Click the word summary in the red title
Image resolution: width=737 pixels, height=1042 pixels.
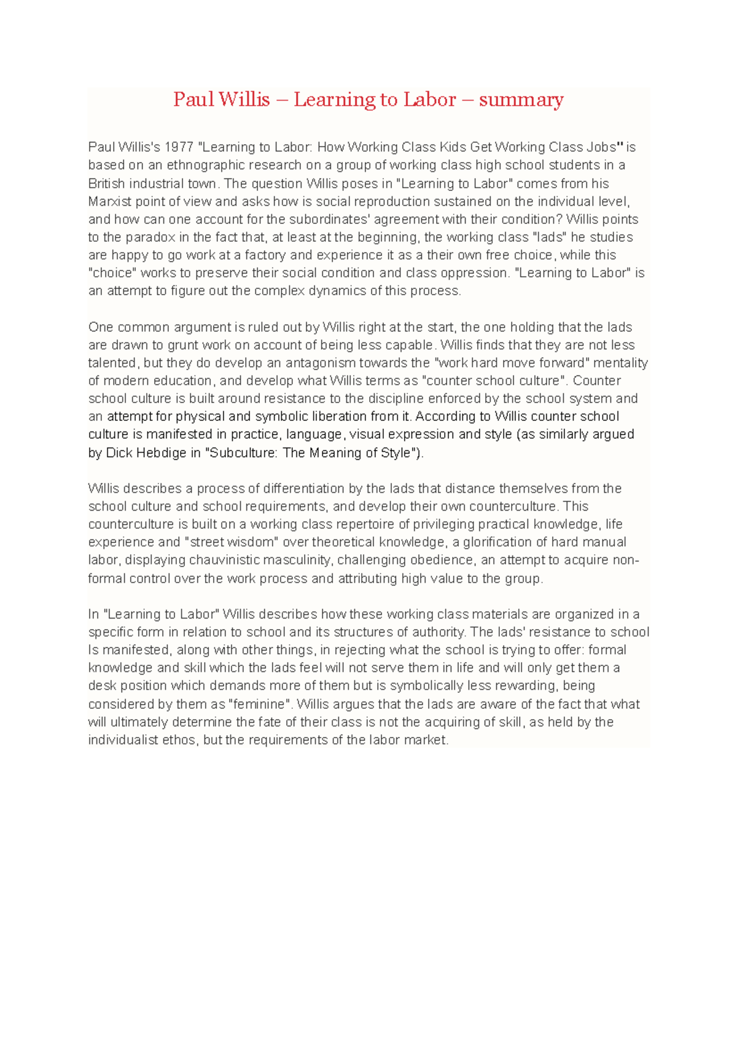tap(521, 100)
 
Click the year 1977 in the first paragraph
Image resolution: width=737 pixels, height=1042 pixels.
tap(179, 147)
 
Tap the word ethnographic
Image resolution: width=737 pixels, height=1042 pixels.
tap(205, 165)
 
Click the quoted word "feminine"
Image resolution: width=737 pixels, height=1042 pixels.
tap(261, 704)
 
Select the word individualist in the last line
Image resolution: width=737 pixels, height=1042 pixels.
tap(123, 740)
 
